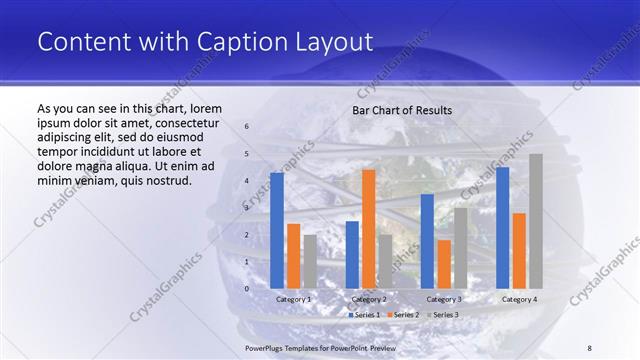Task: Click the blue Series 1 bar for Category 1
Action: pyautogui.click(x=277, y=230)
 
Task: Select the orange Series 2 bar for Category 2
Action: pyautogui.click(x=368, y=228)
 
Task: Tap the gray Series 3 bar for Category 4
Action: pyautogui.click(x=536, y=221)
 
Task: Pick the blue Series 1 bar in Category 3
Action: pyautogui.click(x=427, y=241)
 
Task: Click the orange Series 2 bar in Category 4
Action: pyautogui.click(x=519, y=250)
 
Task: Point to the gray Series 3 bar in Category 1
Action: pyautogui.click(x=310, y=261)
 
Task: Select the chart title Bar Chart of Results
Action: pyautogui.click(x=402, y=110)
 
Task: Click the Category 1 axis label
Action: pyautogui.click(x=293, y=299)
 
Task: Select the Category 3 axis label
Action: pyautogui.click(x=444, y=299)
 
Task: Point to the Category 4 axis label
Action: pyautogui.click(x=519, y=299)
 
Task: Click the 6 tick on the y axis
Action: pyautogui.click(x=247, y=127)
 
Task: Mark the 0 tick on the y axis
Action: pyautogui.click(x=247, y=289)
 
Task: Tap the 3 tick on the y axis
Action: pyautogui.click(x=247, y=208)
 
